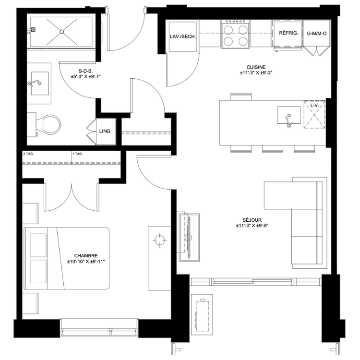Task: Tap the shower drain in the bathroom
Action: tap(62, 32)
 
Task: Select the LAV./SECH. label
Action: tap(183, 36)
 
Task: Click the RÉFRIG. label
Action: tap(288, 33)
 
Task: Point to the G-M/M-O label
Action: tap(317, 34)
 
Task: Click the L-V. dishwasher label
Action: tap(314, 106)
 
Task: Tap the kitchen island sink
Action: tap(289, 115)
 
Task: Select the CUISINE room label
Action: tap(256, 67)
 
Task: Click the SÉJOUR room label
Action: tap(252, 220)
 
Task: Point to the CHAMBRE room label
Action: tap(86, 255)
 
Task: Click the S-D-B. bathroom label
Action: tap(85, 71)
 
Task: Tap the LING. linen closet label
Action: tap(106, 132)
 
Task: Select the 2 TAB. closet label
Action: tap(28, 154)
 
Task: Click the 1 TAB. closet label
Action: tap(77, 154)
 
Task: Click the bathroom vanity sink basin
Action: tap(40, 83)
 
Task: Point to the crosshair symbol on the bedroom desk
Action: tap(159, 240)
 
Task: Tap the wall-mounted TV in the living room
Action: tap(189, 238)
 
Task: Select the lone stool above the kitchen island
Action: tap(241, 96)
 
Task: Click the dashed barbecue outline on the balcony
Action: tap(202, 315)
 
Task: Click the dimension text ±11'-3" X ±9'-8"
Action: tap(252, 226)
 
